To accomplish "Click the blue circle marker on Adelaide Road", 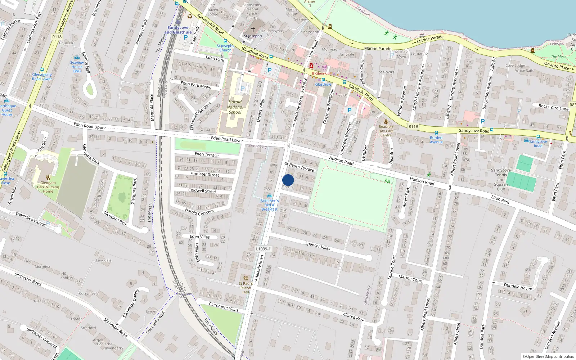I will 288,180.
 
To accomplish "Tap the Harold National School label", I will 235,107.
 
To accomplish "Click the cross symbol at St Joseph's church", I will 253,30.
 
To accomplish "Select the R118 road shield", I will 57,37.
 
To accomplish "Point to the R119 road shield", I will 413,126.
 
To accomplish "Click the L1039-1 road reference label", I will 263,249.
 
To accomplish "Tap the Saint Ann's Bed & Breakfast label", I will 269,205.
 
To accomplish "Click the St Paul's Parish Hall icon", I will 246,278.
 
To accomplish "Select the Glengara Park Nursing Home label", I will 48,187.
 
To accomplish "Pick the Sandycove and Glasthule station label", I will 178,30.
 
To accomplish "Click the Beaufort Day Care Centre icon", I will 386,121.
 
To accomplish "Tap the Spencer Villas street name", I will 318,246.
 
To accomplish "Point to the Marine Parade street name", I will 378,48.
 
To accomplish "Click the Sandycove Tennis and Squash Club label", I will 501,180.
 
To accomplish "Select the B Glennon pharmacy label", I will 321,73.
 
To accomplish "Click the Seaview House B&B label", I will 77,67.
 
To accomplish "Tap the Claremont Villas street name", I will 224,307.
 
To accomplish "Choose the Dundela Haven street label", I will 518,286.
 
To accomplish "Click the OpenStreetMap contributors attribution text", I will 548,356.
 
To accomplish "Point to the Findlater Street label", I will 204,174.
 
